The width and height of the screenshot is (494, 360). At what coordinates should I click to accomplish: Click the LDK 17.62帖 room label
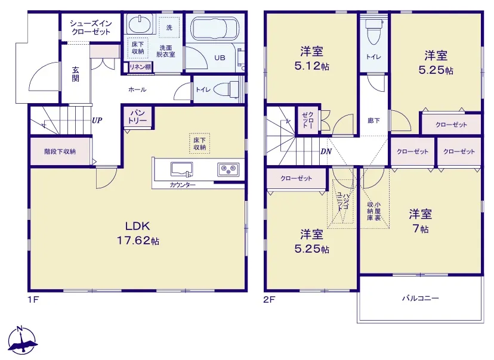(138, 233)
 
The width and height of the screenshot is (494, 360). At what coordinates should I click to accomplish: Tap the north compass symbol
(22, 341)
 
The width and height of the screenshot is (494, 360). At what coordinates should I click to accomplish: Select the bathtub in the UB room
(214, 29)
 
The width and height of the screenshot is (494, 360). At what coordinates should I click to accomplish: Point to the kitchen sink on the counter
(182, 169)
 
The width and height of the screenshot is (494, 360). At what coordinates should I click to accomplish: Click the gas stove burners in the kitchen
(228, 170)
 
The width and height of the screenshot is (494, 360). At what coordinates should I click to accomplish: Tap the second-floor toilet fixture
(373, 32)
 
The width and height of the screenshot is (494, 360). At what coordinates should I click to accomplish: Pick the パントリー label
(137, 117)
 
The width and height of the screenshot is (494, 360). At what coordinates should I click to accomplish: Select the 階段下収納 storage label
(60, 151)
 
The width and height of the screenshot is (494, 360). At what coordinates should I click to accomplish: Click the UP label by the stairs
(97, 120)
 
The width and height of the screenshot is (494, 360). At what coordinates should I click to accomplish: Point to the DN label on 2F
(326, 151)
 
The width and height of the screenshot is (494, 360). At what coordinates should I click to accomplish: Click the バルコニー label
(420, 298)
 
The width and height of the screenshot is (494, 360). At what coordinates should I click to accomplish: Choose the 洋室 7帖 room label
(420, 221)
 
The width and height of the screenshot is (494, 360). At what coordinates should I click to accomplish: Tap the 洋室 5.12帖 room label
(311, 58)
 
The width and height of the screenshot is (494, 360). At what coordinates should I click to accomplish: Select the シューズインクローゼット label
(91, 27)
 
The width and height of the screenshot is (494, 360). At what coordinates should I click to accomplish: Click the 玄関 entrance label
(75, 75)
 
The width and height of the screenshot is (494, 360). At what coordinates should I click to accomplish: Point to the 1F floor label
(33, 299)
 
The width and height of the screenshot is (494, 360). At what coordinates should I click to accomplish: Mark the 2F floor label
(269, 299)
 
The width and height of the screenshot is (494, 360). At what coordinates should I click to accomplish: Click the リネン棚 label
(140, 67)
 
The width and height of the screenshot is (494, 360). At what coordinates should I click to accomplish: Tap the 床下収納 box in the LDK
(199, 144)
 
